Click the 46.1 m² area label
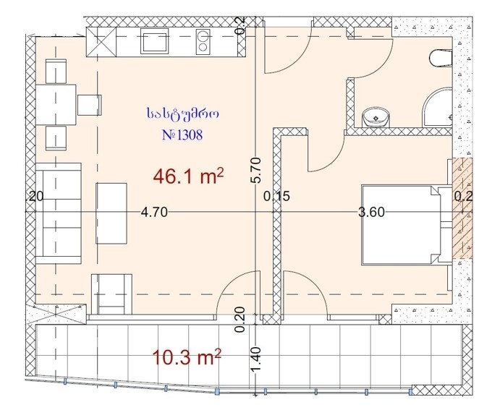tap(188, 176)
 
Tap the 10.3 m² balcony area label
tap(187, 357)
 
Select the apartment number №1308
tap(182, 134)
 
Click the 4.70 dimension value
tap(154, 213)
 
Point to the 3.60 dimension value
tap(371, 213)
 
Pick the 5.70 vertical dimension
tap(256, 170)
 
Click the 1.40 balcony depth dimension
tap(256, 358)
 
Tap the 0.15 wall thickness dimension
tap(276, 197)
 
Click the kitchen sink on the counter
tap(154, 40)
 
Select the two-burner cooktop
tap(203, 42)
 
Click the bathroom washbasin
tap(376, 117)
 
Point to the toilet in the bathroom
tap(441, 58)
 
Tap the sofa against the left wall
tap(59, 213)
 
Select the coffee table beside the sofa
tap(111, 213)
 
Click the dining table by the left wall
tap(56, 104)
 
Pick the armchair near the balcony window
tap(111, 294)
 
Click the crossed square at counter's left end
tap(101, 42)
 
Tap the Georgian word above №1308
tap(182, 114)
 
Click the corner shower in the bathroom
tap(438, 108)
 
